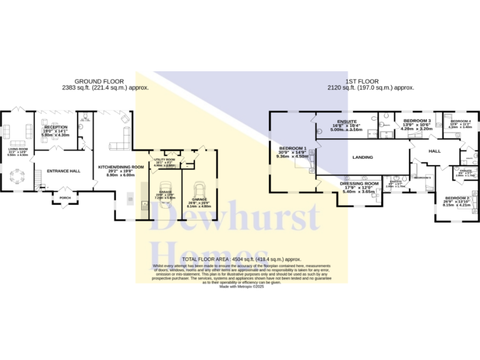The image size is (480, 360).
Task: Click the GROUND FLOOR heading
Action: pos(99,81)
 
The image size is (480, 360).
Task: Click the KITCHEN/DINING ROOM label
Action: pos(121,167)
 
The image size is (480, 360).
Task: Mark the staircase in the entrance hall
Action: pos(40,185)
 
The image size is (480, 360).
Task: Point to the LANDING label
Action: pos(362,157)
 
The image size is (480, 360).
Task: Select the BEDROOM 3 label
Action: pos(417,120)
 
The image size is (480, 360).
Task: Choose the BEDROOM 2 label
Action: pos(456,197)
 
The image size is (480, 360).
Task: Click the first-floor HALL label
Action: pos(434,151)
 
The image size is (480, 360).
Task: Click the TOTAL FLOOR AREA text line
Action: pos(241,258)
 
